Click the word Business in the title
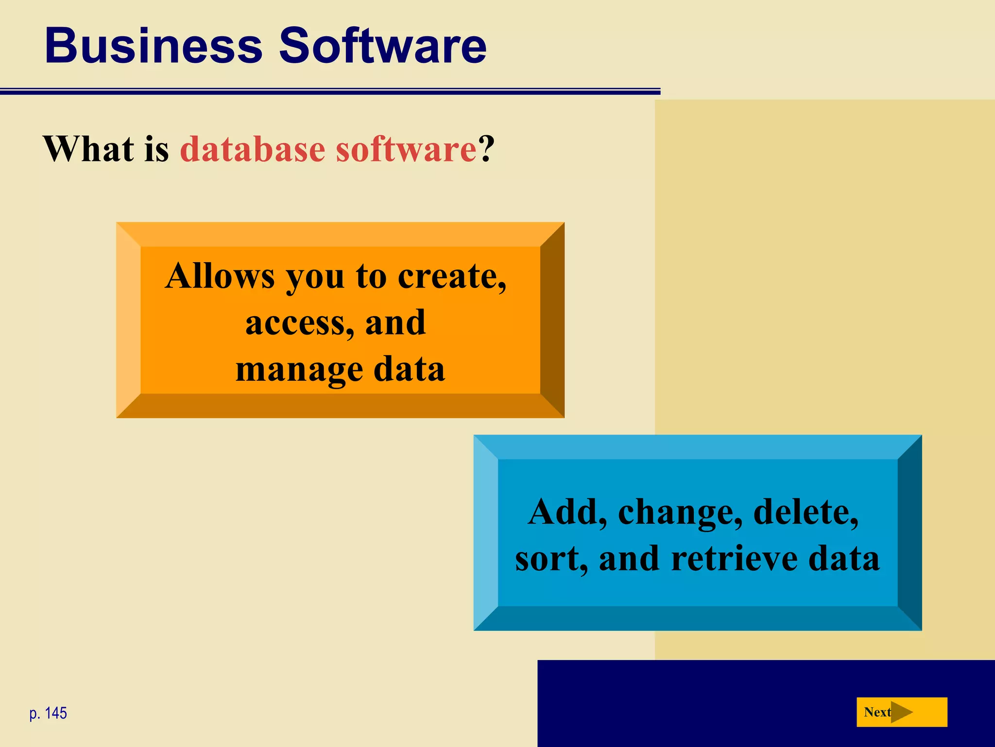pos(154,46)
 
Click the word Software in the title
pos(382,46)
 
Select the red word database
pos(253,149)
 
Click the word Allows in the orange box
pos(220,276)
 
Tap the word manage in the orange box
pos(299,370)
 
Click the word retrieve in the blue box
pos(734,558)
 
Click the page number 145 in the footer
pos(56,713)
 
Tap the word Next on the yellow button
pos(877,712)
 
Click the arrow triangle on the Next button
pos(901,712)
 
